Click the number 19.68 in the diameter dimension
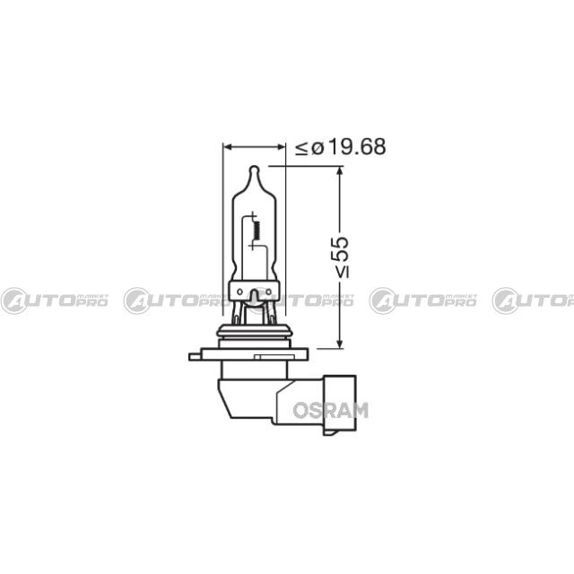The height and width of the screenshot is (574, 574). point(357,147)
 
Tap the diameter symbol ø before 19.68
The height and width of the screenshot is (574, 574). point(317,148)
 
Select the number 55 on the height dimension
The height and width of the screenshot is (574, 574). point(340,249)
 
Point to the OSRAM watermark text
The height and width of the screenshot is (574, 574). point(331,411)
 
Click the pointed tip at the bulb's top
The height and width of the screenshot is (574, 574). point(254,168)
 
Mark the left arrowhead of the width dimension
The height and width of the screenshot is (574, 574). point(227,147)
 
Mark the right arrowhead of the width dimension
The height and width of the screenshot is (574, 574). point(281,147)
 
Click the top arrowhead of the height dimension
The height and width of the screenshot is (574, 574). point(340,170)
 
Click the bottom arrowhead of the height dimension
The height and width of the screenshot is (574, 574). point(340,344)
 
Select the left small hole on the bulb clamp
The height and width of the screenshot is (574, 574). point(239,291)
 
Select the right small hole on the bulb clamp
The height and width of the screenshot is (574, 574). point(268,291)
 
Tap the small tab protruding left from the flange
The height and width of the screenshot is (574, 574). point(196,357)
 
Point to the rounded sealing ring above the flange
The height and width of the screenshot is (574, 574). point(255,331)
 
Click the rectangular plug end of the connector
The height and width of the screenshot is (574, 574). point(339,405)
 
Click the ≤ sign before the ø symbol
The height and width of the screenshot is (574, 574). point(302,148)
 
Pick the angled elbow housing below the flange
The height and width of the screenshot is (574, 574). point(270,400)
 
